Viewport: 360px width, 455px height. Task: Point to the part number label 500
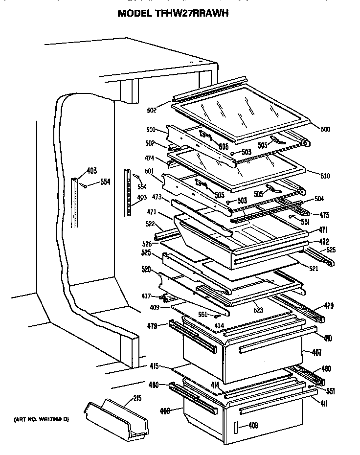click(325, 129)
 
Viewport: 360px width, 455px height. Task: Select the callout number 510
click(325, 176)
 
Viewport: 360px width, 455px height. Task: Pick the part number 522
click(150, 224)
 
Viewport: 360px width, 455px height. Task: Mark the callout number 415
click(154, 366)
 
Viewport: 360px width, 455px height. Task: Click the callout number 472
click(324, 241)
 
